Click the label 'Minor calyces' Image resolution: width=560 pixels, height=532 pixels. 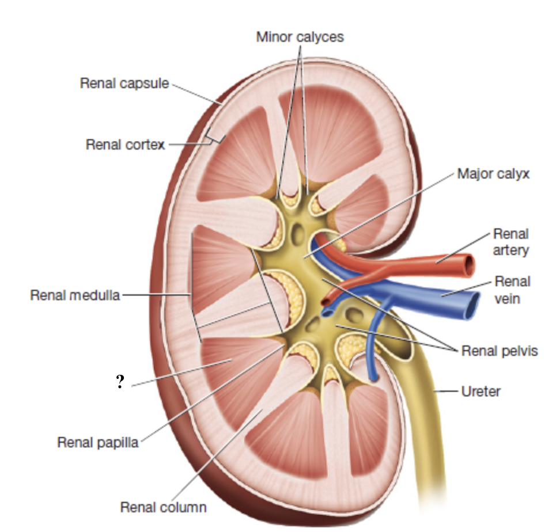pyautogui.click(x=300, y=37)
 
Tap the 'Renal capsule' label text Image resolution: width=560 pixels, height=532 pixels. pyautogui.click(x=124, y=83)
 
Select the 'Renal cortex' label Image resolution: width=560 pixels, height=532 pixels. pyautogui.click(x=125, y=144)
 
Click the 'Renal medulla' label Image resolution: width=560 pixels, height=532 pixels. pyautogui.click(x=75, y=295)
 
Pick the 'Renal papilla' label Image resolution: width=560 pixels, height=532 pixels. pyautogui.click(x=98, y=443)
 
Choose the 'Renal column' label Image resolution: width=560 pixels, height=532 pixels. pyautogui.click(x=163, y=507)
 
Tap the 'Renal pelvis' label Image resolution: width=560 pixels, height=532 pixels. pyautogui.click(x=500, y=351)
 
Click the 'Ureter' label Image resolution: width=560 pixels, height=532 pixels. pyautogui.click(x=481, y=392)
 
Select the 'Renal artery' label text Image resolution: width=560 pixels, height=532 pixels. pyautogui.click(x=510, y=242)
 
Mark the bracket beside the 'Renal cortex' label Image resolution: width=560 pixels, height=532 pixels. pyautogui.click(x=214, y=136)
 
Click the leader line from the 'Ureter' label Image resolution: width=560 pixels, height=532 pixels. pyautogui.click(x=447, y=392)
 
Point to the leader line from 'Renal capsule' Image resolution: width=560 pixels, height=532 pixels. pyautogui.click(x=196, y=93)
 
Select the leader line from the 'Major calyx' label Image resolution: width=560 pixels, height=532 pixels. pyautogui.click(x=380, y=212)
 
